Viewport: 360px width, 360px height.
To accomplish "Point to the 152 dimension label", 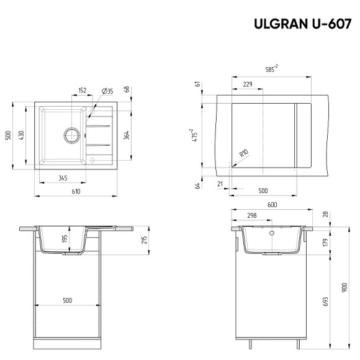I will (x=83, y=91).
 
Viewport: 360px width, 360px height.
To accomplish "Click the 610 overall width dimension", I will (x=76, y=192).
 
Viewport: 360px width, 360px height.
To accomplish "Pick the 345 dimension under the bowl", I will (x=62, y=178).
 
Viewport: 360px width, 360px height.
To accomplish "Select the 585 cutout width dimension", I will (x=271, y=69).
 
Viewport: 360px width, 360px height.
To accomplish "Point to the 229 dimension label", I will (x=247, y=84).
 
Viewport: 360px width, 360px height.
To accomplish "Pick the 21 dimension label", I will (x=220, y=184).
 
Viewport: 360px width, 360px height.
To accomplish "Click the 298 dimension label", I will (x=252, y=217).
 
